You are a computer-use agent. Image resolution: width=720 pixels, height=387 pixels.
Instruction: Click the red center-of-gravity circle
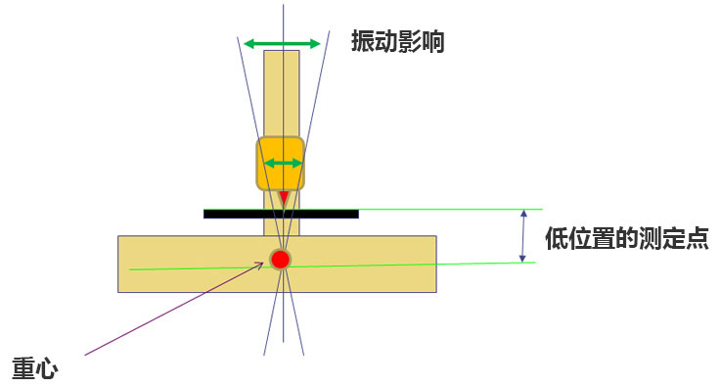click(x=280, y=260)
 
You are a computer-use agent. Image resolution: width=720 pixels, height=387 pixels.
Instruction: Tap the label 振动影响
click(x=397, y=41)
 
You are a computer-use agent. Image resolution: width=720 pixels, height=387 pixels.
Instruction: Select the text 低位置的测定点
click(x=627, y=238)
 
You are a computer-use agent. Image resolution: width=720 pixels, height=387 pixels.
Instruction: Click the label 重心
click(x=35, y=368)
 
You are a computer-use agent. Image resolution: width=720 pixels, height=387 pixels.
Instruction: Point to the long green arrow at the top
click(x=282, y=44)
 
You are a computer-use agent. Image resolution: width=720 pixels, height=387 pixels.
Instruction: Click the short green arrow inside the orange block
click(x=284, y=164)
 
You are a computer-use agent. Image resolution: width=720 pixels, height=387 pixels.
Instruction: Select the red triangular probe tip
click(x=285, y=197)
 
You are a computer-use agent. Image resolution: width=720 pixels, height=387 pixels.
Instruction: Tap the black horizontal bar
click(x=281, y=214)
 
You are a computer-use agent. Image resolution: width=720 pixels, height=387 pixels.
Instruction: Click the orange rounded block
click(x=280, y=164)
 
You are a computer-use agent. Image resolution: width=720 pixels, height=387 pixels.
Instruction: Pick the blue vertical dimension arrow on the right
click(x=522, y=236)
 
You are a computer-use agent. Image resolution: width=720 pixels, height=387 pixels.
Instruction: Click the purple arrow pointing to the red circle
click(x=174, y=309)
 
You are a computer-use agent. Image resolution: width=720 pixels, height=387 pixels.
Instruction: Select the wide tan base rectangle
click(x=277, y=265)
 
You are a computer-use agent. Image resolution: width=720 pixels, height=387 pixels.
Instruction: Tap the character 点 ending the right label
click(x=697, y=238)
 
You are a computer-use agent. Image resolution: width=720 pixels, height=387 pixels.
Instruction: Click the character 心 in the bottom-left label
click(x=47, y=368)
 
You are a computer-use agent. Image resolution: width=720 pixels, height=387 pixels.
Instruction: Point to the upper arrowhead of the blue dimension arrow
click(x=523, y=214)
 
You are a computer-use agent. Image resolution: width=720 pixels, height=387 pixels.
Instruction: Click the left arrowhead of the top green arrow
click(x=248, y=44)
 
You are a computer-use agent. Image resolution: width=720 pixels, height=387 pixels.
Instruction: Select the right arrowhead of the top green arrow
click(x=315, y=44)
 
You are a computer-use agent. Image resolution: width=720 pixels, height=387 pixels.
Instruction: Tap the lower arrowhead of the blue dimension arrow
click(x=522, y=259)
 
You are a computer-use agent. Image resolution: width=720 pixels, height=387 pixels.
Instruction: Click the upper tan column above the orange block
click(x=282, y=93)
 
